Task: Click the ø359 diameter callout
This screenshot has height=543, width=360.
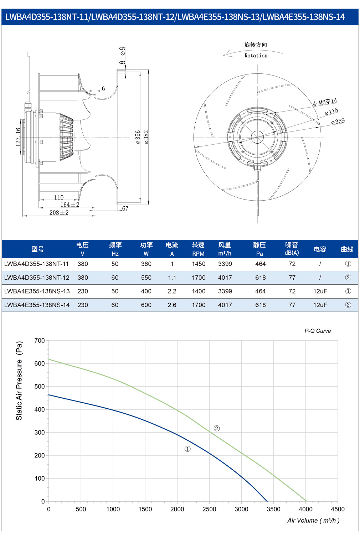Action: (x=338, y=121)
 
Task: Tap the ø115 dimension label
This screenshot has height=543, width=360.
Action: (x=331, y=112)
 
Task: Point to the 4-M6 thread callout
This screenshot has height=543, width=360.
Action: (x=325, y=102)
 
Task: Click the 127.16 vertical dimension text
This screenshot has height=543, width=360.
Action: (x=18, y=137)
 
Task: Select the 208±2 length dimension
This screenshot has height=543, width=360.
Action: (x=59, y=213)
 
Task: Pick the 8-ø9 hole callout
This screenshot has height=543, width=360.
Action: (x=122, y=55)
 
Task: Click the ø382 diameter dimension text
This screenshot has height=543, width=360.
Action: (x=146, y=137)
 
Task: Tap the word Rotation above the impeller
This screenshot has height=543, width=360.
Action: (x=256, y=56)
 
